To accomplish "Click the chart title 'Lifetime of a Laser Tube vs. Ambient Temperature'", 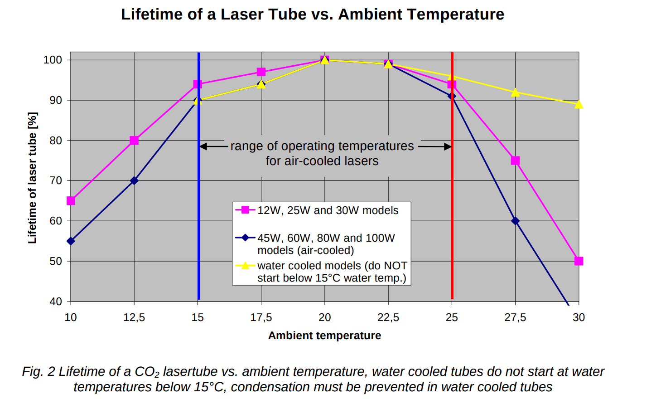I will point(312,15).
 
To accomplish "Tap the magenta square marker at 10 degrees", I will point(71,201).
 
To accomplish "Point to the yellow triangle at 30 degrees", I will point(579,104).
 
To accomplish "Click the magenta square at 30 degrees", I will point(579,261).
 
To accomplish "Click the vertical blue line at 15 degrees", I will point(198,227).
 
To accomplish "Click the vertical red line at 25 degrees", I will point(452,227).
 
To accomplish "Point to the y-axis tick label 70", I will point(56,181).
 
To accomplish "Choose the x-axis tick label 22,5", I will point(388,317).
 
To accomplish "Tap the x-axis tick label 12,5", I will point(134,317).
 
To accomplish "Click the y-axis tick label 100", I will point(53,60).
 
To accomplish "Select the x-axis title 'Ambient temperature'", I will point(324,336).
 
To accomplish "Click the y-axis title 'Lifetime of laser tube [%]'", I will point(32,178).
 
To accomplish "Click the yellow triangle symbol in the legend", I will point(245,266).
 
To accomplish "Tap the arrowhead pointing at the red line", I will point(448,146).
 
